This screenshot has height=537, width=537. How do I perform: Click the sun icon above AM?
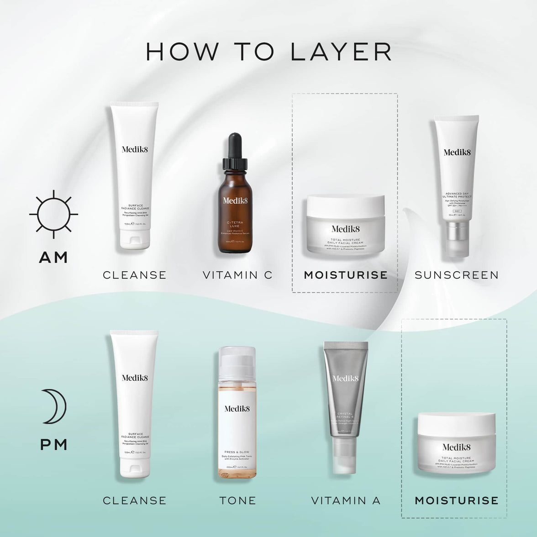click(x=53, y=214)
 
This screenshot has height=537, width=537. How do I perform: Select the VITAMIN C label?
click(x=237, y=275)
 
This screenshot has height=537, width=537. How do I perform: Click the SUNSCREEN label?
click(x=456, y=275)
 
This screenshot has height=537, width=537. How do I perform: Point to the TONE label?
click(x=237, y=500)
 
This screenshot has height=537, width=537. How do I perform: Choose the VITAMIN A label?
click(x=346, y=500)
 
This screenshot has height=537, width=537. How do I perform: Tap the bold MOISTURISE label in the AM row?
click(x=346, y=275)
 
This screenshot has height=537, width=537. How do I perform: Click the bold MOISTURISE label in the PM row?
click(x=456, y=500)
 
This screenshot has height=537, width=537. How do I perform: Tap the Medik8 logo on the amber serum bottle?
click(x=235, y=200)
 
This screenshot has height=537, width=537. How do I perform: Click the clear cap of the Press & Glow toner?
click(x=237, y=361)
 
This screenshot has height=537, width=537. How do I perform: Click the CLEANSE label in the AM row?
click(x=135, y=275)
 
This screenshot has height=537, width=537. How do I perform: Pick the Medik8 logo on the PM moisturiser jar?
click(x=456, y=447)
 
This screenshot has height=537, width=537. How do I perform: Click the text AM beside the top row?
click(x=53, y=257)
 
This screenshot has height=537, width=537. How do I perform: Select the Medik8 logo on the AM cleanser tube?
click(x=135, y=149)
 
